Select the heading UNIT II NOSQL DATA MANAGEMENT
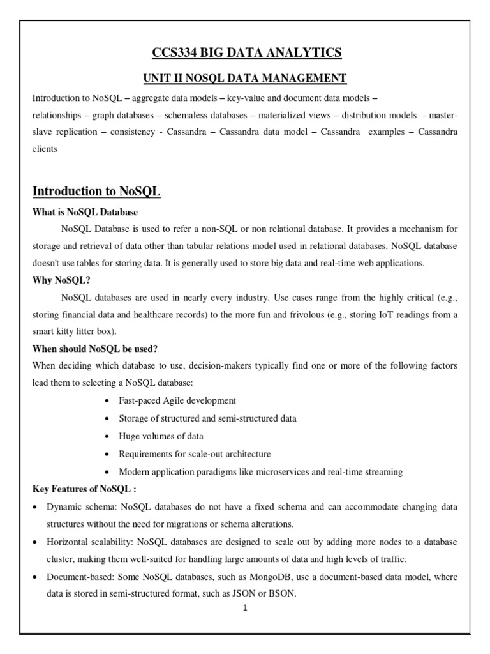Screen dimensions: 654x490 244,78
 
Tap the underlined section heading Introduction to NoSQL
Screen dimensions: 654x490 96,191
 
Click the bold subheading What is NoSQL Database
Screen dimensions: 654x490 85,211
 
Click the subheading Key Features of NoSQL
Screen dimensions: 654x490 84,489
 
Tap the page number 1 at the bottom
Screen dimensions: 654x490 244,607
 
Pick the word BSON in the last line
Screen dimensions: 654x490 284,593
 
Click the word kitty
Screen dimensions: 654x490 70,331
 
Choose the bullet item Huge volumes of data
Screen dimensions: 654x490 161,436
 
